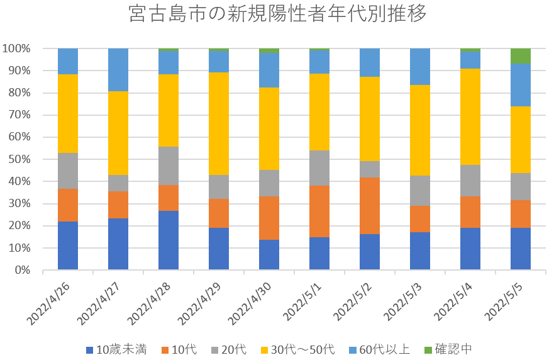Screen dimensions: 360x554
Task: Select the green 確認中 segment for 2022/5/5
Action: [x=521, y=56]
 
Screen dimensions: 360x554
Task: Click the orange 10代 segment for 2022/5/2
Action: [x=370, y=206]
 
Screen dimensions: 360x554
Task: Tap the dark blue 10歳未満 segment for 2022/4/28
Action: [x=169, y=240]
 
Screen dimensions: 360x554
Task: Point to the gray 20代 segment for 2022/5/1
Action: [x=319, y=168]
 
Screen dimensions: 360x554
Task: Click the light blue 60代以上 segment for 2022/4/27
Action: [x=118, y=70]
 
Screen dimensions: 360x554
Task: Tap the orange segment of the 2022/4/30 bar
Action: [x=269, y=218]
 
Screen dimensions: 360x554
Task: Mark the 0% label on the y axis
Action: [x=23, y=270]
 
